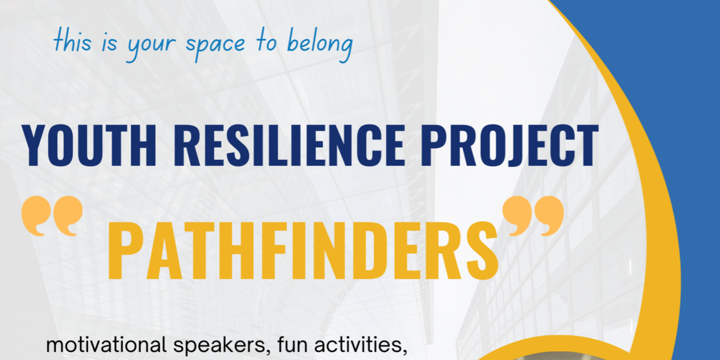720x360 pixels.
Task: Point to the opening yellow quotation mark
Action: [x=52, y=216]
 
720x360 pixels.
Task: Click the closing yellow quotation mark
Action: [x=533, y=216]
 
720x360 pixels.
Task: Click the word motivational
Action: [x=105, y=346]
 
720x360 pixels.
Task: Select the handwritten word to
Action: [x=267, y=43]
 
